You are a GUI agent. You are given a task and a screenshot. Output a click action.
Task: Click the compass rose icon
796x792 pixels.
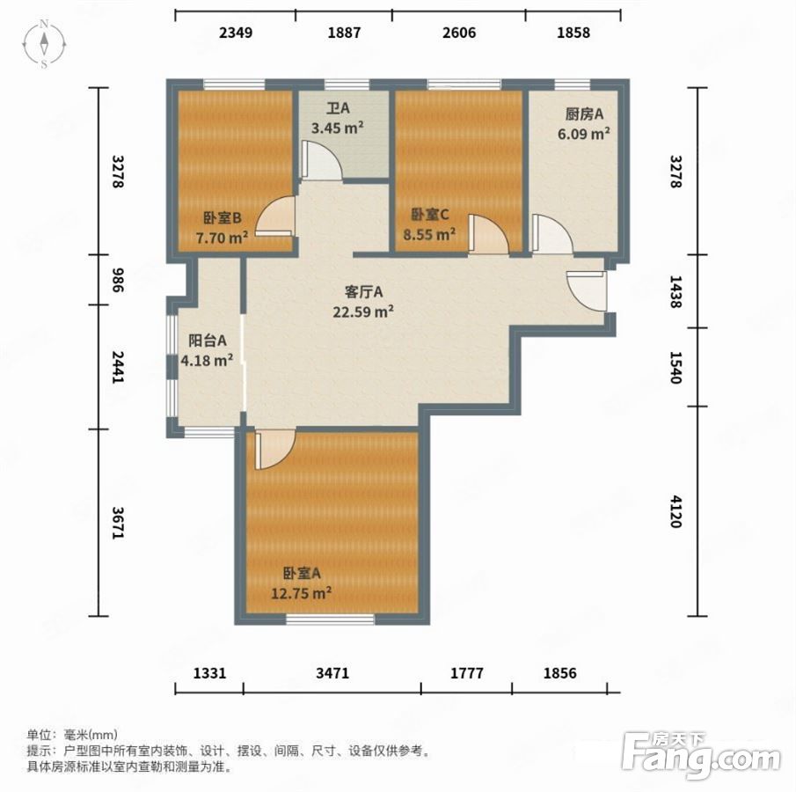pyautogui.click(x=44, y=44)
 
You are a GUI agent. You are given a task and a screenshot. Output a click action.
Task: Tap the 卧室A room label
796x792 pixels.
pyautogui.click(x=302, y=574)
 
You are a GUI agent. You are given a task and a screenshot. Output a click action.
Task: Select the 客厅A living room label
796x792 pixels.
pyautogui.click(x=363, y=292)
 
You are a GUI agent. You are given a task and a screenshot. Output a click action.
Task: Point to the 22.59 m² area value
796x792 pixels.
pyautogui.click(x=363, y=312)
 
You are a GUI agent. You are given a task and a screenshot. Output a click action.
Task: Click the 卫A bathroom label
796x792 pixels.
pyautogui.click(x=338, y=108)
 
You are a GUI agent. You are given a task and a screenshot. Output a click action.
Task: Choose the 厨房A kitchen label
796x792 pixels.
pyautogui.click(x=584, y=114)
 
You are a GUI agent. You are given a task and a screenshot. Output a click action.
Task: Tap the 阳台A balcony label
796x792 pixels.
pyautogui.click(x=207, y=341)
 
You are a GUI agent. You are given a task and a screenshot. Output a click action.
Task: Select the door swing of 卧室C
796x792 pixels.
pyautogui.click(x=488, y=233)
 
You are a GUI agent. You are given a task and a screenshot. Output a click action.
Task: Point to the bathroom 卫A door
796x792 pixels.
pyautogui.click(x=321, y=159)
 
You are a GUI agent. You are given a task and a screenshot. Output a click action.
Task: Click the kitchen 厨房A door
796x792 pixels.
pyautogui.click(x=551, y=233)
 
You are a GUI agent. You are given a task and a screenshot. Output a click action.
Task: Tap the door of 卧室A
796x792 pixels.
pyautogui.click(x=275, y=450)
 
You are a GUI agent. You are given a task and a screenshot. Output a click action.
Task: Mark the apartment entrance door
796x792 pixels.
pyautogui.click(x=587, y=291)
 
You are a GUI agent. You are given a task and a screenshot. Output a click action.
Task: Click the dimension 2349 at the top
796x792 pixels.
pyautogui.click(x=236, y=33)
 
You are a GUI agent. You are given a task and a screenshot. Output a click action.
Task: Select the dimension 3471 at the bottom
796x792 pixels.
pyautogui.click(x=332, y=673)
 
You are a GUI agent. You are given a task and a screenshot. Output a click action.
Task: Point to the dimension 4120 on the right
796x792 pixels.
pyautogui.click(x=676, y=511)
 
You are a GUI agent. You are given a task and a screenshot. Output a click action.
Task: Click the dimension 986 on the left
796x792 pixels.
pyautogui.click(x=118, y=280)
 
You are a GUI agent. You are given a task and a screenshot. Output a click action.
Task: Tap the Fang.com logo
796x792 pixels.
pyautogui.click(x=702, y=755)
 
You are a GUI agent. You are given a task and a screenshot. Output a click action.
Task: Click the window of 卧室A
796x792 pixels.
pyautogui.click(x=330, y=620)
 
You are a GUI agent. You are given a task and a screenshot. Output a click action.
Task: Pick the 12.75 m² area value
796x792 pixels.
pyautogui.click(x=302, y=593)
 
